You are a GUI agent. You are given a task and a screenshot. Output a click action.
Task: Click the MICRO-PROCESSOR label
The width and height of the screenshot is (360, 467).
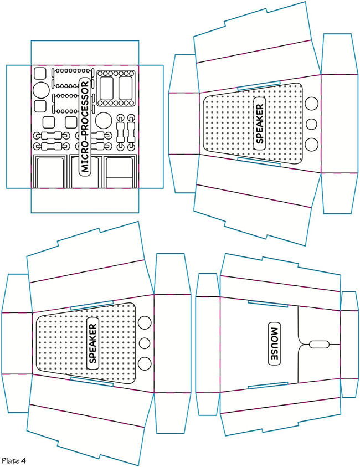[x=85, y=127]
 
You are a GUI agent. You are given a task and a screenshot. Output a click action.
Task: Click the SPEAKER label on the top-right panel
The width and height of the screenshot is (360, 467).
[x=259, y=122]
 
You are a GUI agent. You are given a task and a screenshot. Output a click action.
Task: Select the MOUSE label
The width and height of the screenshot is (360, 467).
[x=274, y=343]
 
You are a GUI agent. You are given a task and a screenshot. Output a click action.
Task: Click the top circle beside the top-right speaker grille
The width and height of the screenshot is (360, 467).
[x=312, y=103]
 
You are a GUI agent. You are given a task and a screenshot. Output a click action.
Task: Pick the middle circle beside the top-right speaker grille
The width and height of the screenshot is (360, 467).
[x=312, y=124]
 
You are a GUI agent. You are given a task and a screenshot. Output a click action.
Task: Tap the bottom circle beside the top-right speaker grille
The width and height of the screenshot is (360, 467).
[x=312, y=144]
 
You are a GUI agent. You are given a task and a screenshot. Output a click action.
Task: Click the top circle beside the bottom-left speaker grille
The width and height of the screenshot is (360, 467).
[x=145, y=322]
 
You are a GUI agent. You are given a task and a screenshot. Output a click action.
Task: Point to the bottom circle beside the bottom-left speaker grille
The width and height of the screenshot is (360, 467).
[x=145, y=363]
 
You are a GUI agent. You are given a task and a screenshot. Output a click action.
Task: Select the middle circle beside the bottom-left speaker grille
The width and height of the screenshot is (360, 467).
[x=145, y=343]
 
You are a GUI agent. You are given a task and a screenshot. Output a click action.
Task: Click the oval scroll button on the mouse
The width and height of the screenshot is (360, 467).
[x=318, y=344]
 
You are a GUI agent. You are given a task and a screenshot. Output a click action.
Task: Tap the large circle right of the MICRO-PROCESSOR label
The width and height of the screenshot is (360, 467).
[x=103, y=120]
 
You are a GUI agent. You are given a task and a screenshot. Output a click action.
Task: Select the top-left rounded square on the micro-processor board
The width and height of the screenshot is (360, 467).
[x=40, y=73]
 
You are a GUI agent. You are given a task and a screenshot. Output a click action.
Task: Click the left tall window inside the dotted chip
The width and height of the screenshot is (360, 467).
[x=106, y=87]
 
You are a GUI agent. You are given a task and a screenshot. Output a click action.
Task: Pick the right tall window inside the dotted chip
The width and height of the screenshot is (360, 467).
[x=125, y=87]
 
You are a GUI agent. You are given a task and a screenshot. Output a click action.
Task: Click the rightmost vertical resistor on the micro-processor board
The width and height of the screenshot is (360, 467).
[x=131, y=132]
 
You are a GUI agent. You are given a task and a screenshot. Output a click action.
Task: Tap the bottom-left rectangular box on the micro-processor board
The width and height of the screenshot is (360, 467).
[x=50, y=173]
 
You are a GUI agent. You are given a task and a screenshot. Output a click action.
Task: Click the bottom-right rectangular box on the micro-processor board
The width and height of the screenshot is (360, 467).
[x=119, y=173]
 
